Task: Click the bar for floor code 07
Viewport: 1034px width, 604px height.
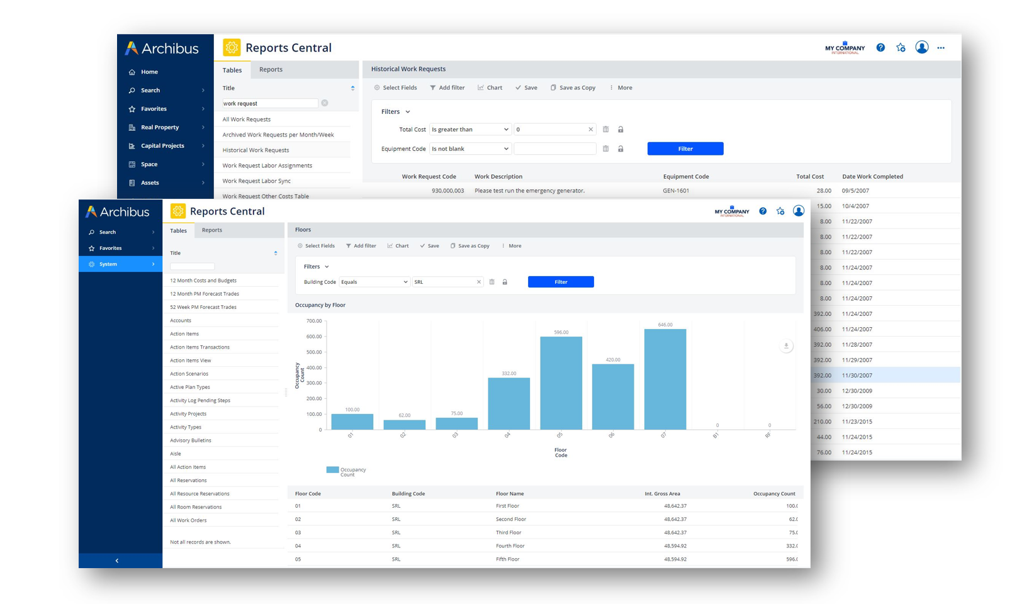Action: [x=665, y=379]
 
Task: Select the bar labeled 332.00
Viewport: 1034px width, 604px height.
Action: [x=509, y=403]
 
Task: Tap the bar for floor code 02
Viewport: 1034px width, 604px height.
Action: [x=404, y=425]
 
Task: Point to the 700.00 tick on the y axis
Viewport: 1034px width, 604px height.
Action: [x=313, y=321]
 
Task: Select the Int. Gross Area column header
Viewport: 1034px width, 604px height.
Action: [x=662, y=493]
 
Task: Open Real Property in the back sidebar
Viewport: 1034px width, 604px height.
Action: [x=160, y=127]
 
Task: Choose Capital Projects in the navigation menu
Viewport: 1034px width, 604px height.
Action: [x=162, y=145]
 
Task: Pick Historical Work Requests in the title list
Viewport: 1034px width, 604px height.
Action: [x=256, y=150]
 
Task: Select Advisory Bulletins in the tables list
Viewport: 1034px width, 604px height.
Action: [x=191, y=440]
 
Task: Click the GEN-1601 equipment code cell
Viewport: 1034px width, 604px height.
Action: [x=676, y=191]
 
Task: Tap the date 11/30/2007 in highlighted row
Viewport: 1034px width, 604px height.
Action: [x=857, y=375]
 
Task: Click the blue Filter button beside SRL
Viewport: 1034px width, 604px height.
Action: [x=560, y=282]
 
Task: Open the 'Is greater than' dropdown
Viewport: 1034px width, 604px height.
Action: [x=469, y=130]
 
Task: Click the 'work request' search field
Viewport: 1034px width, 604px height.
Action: [x=269, y=103]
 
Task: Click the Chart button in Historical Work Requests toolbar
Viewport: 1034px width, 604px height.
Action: [x=490, y=87]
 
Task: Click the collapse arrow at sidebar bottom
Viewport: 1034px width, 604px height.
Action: [x=117, y=561]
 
